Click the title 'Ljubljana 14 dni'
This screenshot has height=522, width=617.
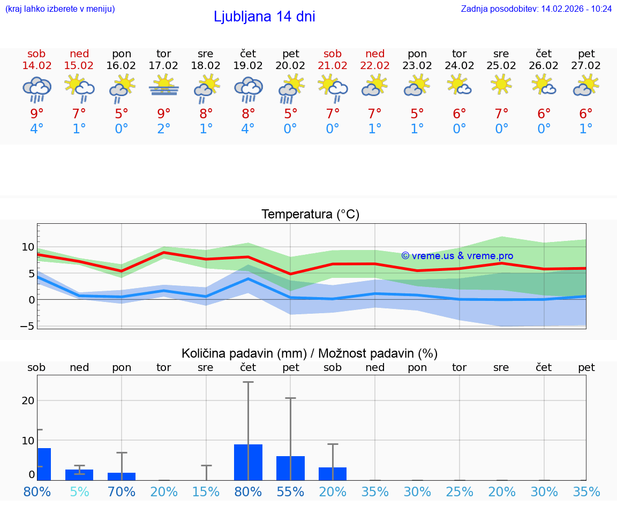[264, 17]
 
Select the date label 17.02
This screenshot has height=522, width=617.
[163, 66]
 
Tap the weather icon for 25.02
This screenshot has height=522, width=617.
[501, 84]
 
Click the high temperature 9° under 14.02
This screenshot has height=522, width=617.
[36, 114]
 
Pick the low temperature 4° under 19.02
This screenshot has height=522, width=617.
[248, 129]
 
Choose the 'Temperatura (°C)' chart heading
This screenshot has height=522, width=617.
[310, 215]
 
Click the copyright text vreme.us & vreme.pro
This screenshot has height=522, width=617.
[457, 256]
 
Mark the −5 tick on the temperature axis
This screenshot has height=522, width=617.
[27, 326]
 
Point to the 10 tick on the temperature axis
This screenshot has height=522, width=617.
[28, 247]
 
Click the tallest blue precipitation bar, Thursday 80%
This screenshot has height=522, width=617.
[248, 462]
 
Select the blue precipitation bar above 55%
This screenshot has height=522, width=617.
[290, 468]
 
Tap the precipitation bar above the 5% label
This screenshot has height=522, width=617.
[79, 475]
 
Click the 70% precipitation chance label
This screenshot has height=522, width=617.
[122, 491]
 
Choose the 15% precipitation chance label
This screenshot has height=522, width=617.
[206, 491]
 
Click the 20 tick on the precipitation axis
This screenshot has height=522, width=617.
[28, 400]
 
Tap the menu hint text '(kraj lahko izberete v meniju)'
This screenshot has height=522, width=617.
[60, 9]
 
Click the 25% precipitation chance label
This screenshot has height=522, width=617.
[460, 491]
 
